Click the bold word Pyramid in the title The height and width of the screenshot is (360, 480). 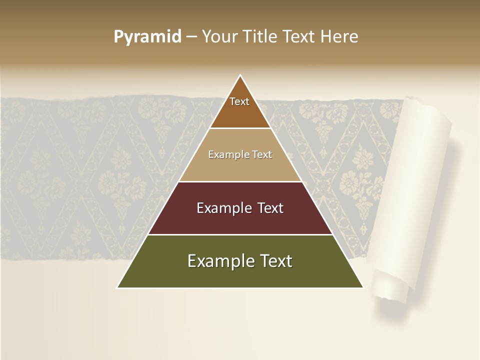coord(147,37)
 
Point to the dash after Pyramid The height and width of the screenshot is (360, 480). coord(191,37)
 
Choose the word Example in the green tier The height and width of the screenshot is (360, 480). coord(217,261)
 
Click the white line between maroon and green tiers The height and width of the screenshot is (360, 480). coord(240,234)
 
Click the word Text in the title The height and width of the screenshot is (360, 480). coord(298,37)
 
